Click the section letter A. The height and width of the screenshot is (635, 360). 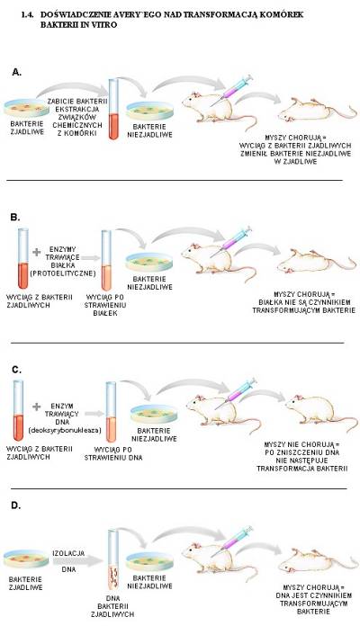pos(16,72)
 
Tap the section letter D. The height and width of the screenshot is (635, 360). pos(15,505)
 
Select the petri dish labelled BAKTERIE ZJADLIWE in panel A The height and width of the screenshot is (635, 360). pos(27,108)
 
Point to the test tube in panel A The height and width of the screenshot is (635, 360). pos(114,110)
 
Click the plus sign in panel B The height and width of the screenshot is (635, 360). pos(37,252)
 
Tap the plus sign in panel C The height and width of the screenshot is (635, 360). pos(37,407)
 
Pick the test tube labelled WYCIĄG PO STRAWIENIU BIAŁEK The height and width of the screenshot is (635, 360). pos(106,260)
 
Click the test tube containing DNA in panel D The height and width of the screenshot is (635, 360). pos(113,559)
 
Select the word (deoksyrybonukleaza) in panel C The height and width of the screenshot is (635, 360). pos(65,430)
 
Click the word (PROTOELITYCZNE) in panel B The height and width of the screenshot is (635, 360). pos(62,273)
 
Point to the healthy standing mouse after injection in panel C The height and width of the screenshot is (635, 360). pos(320,412)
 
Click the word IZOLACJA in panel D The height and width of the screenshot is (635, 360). pos(68,553)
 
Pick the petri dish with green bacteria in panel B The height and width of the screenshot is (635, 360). pos(149,262)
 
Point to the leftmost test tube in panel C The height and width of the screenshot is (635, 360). pos(18,411)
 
